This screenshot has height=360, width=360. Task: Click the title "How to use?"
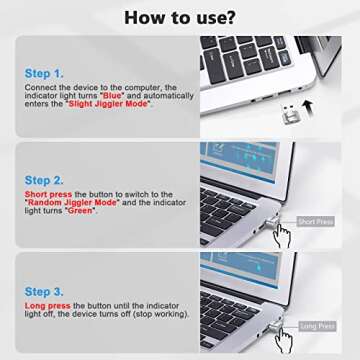(180, 17)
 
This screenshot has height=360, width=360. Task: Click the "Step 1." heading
(44, 74)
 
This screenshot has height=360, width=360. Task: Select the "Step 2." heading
(44, 180)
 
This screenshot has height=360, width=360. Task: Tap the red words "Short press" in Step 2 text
(46, 194)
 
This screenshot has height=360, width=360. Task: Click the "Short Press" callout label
(315, 221)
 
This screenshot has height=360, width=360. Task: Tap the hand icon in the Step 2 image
(286, 237)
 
